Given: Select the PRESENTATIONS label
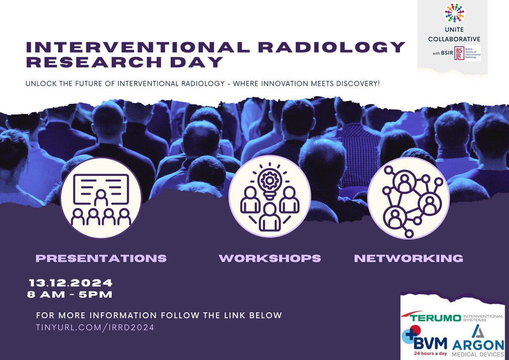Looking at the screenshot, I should [x=101, y=258].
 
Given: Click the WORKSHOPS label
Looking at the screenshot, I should [x=270, y=258].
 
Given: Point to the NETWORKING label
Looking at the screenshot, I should [x=408, y=258].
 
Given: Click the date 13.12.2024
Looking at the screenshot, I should [x=70, y=283].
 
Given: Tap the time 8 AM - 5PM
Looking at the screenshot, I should [x=70, y=295].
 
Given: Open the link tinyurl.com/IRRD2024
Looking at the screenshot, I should [x=95, y=327].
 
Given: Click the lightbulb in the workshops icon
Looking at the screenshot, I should [x=269, y=183].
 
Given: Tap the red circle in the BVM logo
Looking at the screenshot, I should [x=416, y=330].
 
